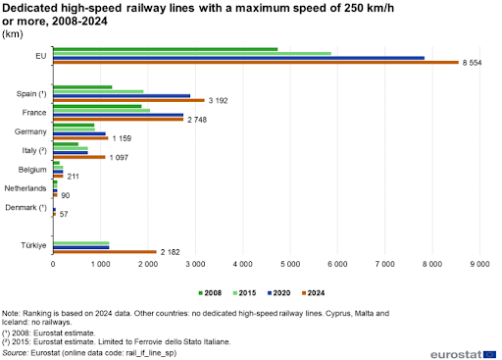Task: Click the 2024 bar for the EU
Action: (256, 62)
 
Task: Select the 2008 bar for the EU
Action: (166, 49)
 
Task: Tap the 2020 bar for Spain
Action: (122, 96)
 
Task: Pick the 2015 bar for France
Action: (102, 111)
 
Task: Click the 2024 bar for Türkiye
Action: (105, 252)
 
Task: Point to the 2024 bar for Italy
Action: (79, 157)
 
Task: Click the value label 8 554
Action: (472, 63)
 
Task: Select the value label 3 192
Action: (218, 101)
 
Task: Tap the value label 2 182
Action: (170, 252)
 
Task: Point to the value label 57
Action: (64, 214)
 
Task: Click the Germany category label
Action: (30, 131)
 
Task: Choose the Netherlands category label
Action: (25, 188)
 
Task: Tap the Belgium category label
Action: (32, 170)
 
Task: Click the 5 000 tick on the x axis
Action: (290, 264)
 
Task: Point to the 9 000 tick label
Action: (479, 264)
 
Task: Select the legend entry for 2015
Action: (244, 293)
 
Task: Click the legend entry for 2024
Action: (313, 293)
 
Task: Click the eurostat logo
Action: (463, 354)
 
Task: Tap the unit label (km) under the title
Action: (13, 34)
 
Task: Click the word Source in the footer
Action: (15, 353)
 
